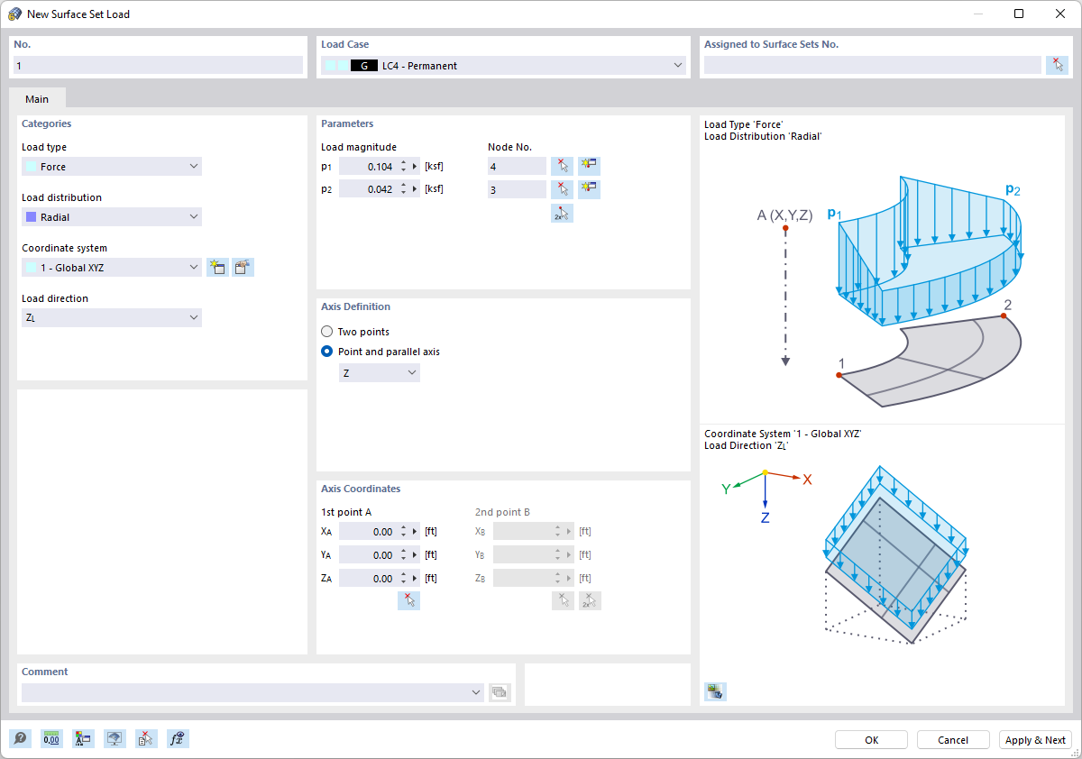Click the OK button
(871, 740)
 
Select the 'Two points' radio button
(327, 332)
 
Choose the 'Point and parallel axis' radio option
(327, 352)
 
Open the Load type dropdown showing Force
(112, 167)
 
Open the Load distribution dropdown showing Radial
(112, 217)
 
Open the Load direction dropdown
(112, 318)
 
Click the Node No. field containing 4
(516, 167)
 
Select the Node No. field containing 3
(516, 189)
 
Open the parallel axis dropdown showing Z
(380, 373)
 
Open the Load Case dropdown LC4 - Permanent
(502, 66)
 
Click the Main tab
(37, 99)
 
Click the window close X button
(1059, 14)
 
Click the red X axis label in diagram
(807, 480)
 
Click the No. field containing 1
(159, 66)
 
